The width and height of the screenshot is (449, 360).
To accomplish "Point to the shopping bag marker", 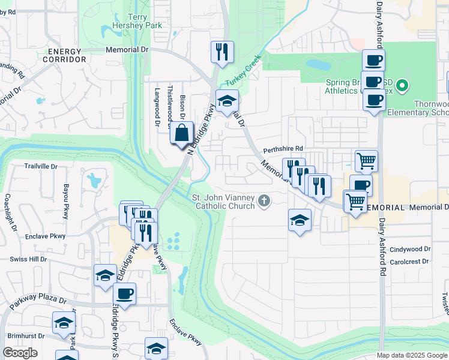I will [x=182, y=134].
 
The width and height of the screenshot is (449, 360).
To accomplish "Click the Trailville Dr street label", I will [x=40, y=166].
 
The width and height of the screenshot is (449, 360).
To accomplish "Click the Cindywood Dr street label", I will [x=410, y=248].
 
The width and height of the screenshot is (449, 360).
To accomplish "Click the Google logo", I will [x=20, y=352].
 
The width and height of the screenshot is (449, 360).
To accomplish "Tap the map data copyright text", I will [x=411, y=355].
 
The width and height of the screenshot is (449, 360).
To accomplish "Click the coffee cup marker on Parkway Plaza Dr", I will [x=124, y=294].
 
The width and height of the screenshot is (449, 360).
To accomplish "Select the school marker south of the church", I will [x=300, y=220].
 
